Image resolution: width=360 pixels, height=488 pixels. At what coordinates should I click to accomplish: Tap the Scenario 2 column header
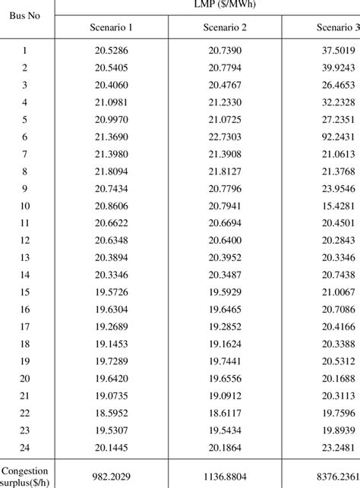pyautogui.click(x=225, y=28)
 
